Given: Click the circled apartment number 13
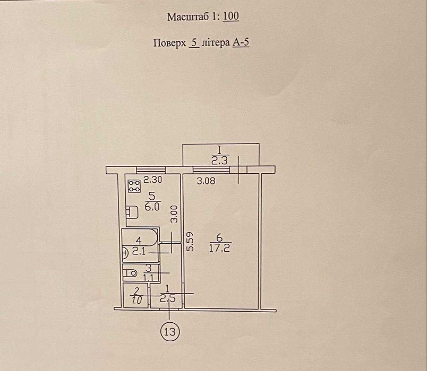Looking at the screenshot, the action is click(170, 332).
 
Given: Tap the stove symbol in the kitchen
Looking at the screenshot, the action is click(134, 186).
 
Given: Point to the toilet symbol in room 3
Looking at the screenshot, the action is click(130, 272).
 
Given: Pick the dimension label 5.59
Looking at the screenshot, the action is click(190, 241).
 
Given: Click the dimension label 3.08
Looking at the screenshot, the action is click(206, 181).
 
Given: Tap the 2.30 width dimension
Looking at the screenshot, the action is click(153, 180).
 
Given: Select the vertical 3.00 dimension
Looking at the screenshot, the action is click(174, 214).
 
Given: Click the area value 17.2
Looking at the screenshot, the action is click(219, 248).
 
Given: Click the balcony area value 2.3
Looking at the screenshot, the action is click(219, 161).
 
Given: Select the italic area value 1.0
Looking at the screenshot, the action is click(136, 301).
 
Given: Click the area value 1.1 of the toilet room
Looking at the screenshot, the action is click(149, 278).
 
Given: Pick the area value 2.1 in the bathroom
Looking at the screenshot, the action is click(140, 251).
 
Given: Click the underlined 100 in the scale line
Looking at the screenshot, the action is click(231, 16).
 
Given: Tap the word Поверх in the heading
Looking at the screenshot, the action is click(169, 43).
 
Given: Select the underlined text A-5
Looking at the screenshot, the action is click(241, 42).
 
